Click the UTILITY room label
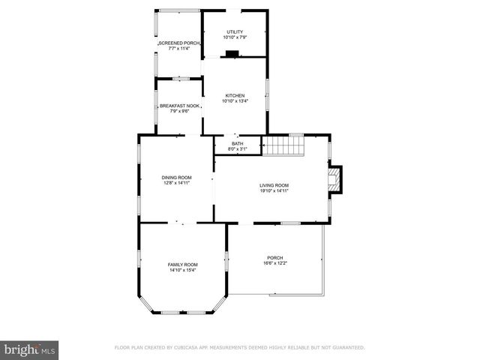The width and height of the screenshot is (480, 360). tap(235, 31)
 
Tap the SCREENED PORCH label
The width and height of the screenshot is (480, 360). tap(178, 43)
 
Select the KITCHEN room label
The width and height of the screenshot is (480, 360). tap(235, 96)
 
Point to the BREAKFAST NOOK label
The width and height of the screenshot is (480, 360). tap(178, 106)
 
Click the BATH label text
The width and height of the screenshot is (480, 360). tap(237, 144)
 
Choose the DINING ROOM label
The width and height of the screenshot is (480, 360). tap(176, 178)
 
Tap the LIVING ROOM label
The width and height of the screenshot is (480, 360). tap(274, 185)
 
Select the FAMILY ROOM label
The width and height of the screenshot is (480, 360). tap(182, 265)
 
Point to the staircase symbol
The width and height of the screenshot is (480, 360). tap(283, 145)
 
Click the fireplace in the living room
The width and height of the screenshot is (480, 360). tap(334, 179)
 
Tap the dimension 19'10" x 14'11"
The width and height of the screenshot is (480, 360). tap(274, 190)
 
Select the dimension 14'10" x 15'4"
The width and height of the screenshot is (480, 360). tap(182, 270)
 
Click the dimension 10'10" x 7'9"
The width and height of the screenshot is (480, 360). tap(235, 37)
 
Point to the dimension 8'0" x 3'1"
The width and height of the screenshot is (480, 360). tap(237, 149)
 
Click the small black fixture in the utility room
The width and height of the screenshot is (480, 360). tap(232, 53)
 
